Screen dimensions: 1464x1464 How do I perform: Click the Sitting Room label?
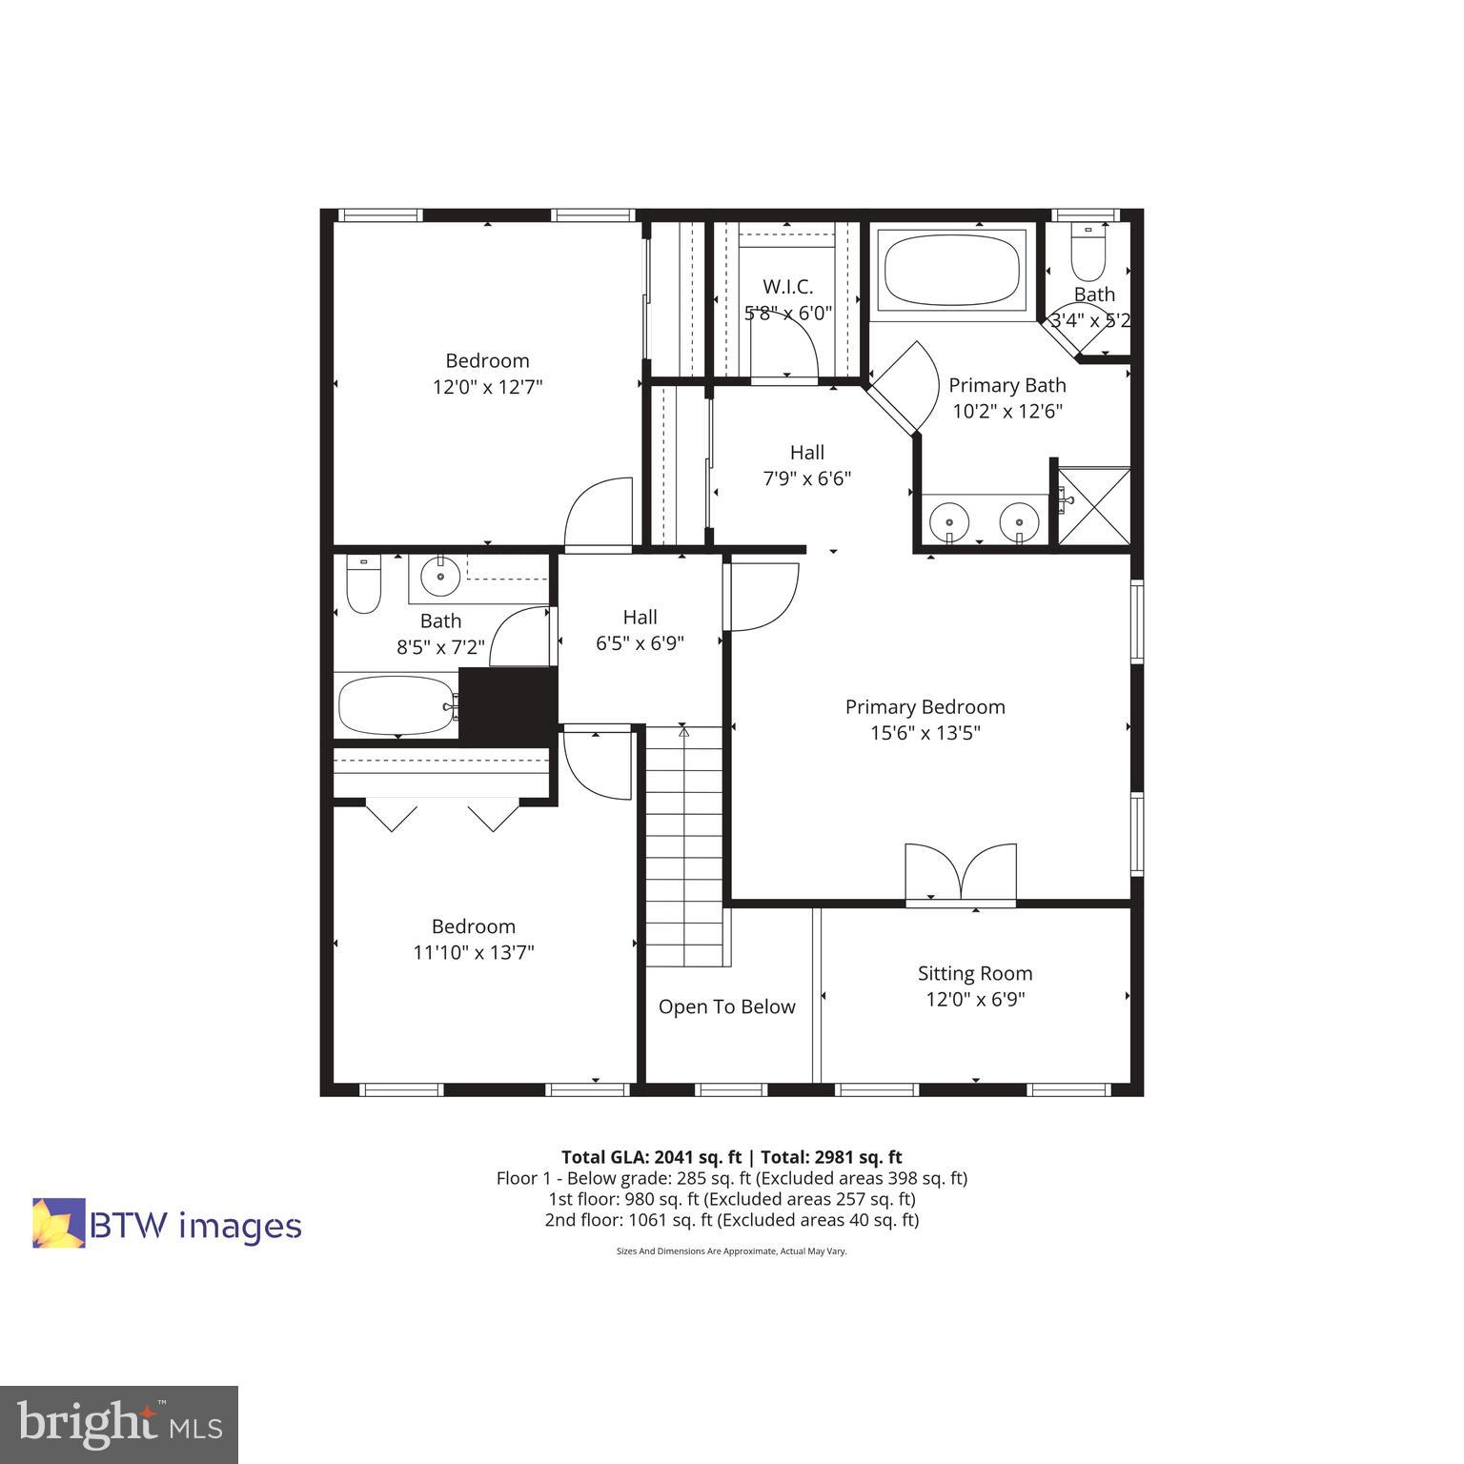975,973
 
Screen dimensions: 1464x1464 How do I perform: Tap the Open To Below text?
726,1006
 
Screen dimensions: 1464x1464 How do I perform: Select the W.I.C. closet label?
788,286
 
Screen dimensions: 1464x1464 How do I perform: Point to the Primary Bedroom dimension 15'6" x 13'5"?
925,733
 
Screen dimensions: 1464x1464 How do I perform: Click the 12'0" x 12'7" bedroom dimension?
487,387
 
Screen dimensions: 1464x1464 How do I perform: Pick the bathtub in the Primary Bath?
950,269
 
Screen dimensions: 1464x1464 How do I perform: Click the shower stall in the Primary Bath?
1094,506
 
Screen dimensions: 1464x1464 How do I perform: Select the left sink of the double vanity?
950,522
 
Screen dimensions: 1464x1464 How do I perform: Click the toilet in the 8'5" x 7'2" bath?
363,584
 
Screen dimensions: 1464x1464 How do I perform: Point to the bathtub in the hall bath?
396,705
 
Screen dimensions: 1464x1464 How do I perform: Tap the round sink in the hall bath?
439,577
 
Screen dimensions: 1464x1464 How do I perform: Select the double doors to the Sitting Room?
961,872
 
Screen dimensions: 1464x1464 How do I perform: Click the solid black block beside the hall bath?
508,706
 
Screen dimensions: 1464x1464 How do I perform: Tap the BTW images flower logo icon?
59,1223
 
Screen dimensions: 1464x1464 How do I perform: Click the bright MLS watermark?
119,1425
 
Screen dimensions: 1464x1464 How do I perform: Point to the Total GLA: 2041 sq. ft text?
651,1157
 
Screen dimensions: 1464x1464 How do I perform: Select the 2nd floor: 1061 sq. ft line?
731,1220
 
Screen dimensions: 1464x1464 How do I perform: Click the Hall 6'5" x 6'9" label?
640,630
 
